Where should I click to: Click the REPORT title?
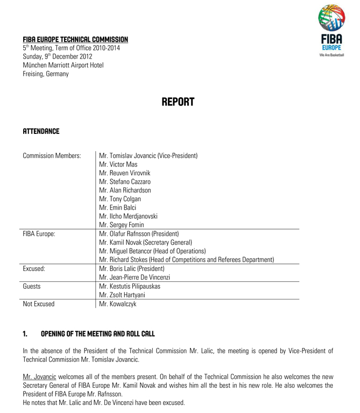tap(178, 102)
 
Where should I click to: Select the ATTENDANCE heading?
tap(41, 131)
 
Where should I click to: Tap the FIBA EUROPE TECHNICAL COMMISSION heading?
tap(75, 39)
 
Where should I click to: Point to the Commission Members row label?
tap(52, 156)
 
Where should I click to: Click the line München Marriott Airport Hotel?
tap(63, 65)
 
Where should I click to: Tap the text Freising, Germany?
tap(45, 74)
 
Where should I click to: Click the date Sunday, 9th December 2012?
tap(58, 56)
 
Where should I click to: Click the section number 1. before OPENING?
tap(25, 334)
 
